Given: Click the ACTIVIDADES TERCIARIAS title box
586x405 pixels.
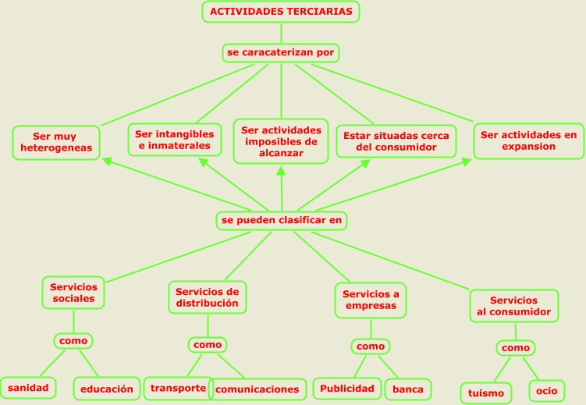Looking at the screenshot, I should click(x=282, y=12).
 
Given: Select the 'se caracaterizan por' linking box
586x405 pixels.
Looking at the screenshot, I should click(x=281, y=53).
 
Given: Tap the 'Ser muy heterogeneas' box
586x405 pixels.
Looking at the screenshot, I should click(x=57, y=141).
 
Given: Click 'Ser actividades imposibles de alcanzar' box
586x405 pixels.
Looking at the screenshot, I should click(x=281, y=141).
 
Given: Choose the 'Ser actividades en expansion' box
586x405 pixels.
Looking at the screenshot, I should click(x=528, y=140).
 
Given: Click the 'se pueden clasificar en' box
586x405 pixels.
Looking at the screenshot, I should click(x=281, y=221).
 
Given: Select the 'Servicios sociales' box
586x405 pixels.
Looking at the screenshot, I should click(x=73, y=292).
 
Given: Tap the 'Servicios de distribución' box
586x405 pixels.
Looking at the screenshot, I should click(x=207, y=297).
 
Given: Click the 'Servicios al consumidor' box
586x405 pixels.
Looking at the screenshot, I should click(x=513, y=306).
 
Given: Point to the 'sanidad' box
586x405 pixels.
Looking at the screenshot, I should click(x=28, y=386).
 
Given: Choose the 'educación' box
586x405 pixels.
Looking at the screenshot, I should click(x=106, y=388).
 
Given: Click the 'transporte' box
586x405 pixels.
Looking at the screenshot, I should click(x=178, y=388).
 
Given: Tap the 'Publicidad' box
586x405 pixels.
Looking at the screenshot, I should click(x=347, y=388).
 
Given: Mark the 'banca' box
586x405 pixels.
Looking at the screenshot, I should click(x=407, y=388).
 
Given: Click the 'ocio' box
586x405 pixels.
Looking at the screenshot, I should click(x=547, y=389).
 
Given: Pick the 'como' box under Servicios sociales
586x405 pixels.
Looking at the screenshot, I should click(x=73, y=340).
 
